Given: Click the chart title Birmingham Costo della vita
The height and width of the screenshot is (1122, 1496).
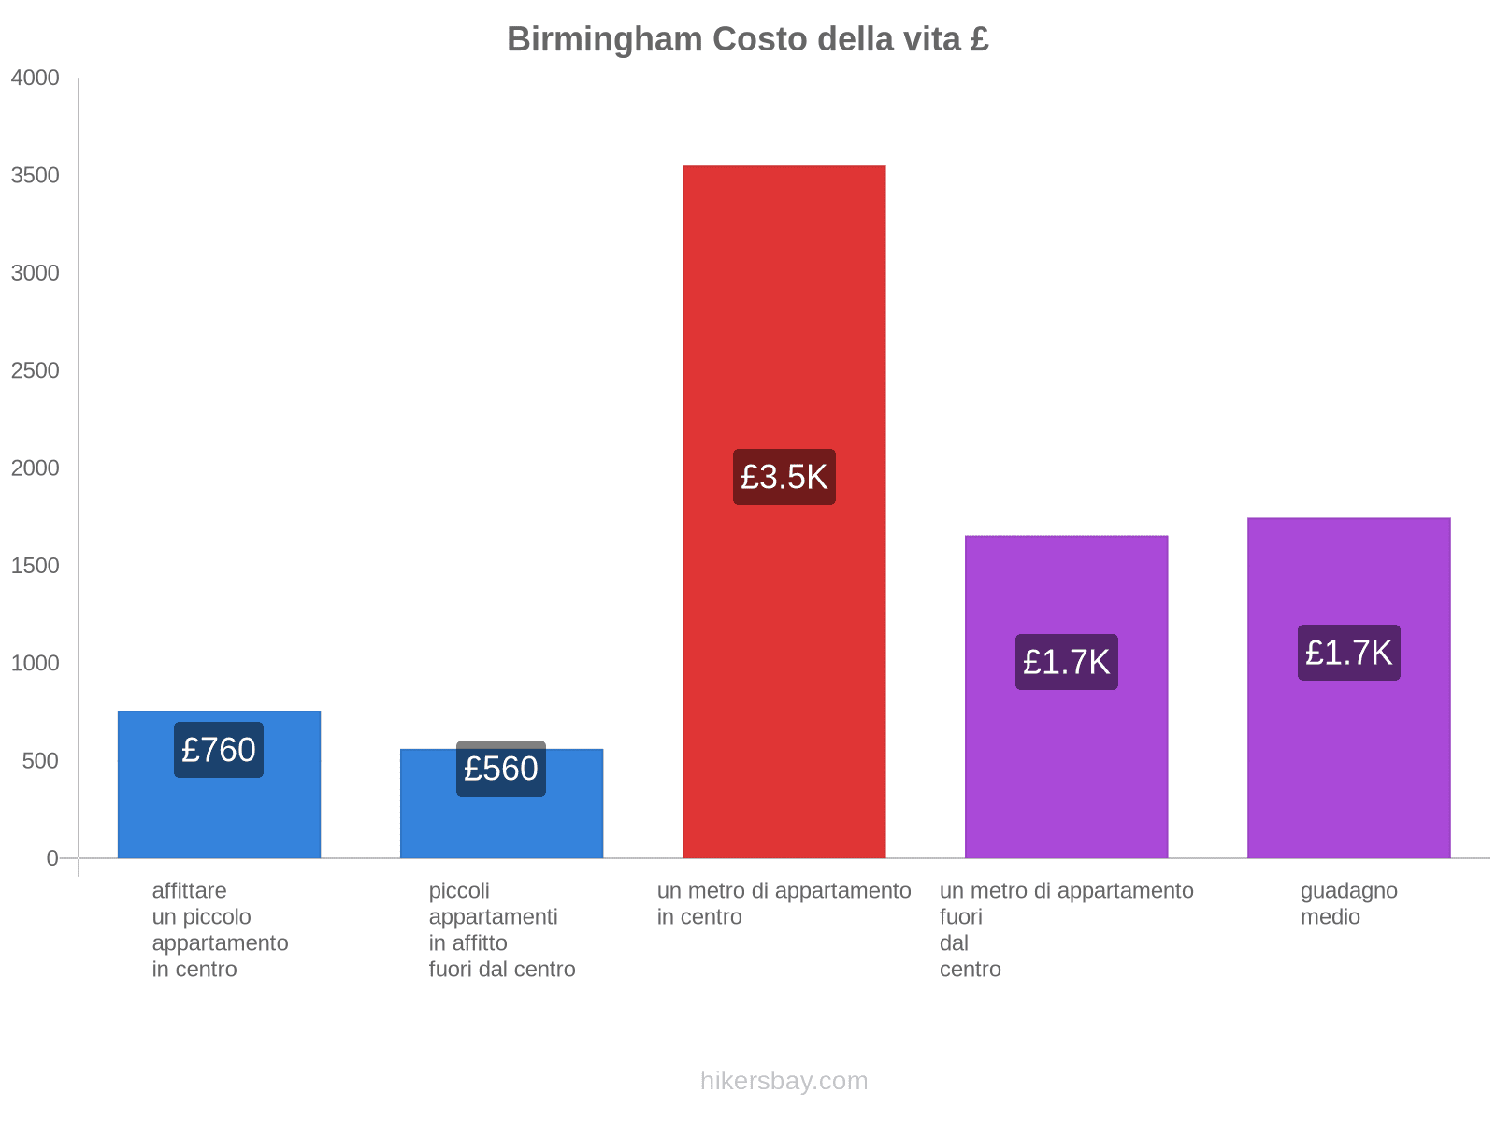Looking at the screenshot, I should (747, 39).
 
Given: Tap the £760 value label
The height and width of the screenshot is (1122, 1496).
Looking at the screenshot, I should (219, 750).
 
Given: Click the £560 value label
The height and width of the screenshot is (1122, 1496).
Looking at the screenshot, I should (501, 769).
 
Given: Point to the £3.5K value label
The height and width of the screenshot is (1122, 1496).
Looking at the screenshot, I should (784, 477).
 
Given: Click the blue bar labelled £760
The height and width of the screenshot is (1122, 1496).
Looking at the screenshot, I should (219, 813).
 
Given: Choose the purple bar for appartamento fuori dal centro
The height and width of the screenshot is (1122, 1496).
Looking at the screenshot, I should (1066, 767).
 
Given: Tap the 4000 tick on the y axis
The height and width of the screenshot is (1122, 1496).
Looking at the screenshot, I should (36, 79).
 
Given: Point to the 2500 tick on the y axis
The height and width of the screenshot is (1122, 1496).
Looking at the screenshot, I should (36, 371).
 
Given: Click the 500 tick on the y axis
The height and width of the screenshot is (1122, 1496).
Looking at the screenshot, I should (41, 761).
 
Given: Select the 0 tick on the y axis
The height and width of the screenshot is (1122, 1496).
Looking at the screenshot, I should (52, 858).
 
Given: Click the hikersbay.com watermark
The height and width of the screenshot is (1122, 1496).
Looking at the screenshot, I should (784, 1081).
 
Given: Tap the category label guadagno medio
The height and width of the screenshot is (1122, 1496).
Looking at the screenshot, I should (1348, 903).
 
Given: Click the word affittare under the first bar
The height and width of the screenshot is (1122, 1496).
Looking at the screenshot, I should (189, 891).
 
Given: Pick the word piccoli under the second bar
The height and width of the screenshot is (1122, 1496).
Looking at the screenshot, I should (459, 891).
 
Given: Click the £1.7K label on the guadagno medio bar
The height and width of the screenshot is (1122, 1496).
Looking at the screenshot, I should (1348, 653).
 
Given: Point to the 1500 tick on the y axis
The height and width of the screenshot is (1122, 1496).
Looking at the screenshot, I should (36, 566).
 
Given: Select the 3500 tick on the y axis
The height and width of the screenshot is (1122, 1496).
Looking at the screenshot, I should (36, 176).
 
